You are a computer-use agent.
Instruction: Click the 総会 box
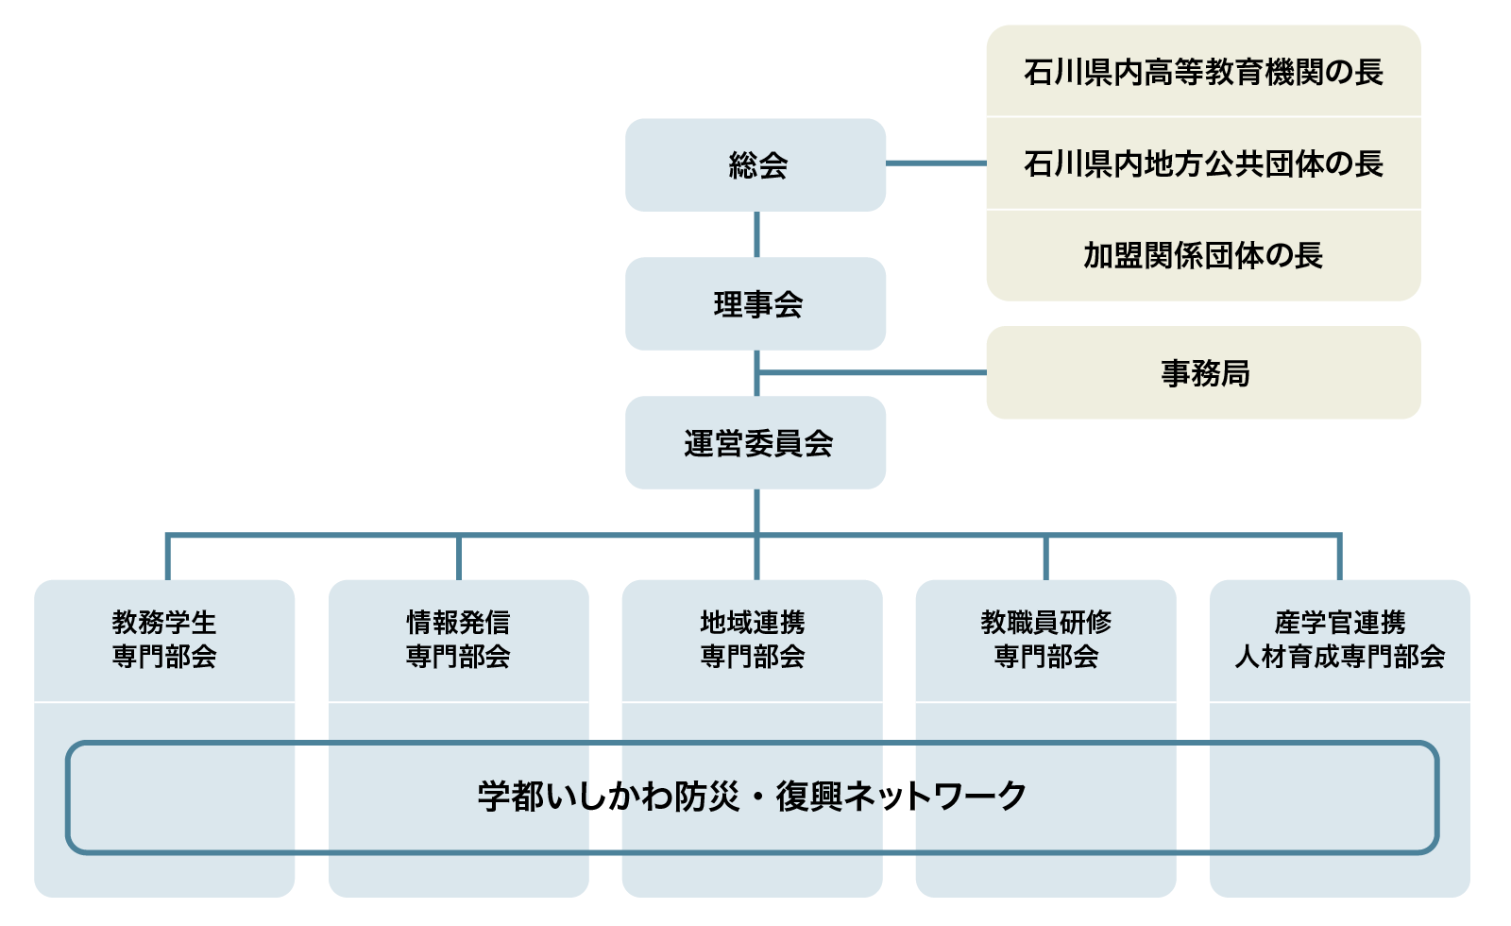click(x=755, y=164)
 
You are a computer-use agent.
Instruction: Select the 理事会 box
click(x=755, y=303)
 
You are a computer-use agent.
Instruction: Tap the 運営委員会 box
click(x=755, y=442)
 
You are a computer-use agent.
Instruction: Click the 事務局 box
click(x=1203, y=372)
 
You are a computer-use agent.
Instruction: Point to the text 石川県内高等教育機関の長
click(x=1203, y=72)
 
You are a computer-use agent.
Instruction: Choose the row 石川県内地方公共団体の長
click(x=1203, y=163)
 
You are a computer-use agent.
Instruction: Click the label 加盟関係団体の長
click(x=1203, y=255)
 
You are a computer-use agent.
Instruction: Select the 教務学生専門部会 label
click(x=164, y=639)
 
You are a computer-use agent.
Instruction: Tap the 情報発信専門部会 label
click(x=458, y=639)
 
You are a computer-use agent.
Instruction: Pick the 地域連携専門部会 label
click(x=752, y=639)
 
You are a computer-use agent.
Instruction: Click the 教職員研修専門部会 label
click(x=1045, y=639)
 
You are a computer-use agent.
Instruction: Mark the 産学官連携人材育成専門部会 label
click(x=1339, y=639)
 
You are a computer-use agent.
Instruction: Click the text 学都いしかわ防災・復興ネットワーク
click(x=752, y=797)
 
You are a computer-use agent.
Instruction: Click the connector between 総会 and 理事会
click(x=756, y=233)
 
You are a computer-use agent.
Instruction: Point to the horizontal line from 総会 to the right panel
click(x=935, y=163)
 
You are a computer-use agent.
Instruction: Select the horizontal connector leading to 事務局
click(x=874, y=372)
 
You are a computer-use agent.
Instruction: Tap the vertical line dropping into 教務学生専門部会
click(x=167, y=557)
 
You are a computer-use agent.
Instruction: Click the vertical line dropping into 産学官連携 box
click(x=1339, y=557)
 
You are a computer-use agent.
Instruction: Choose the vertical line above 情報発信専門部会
click(x=459, y=557)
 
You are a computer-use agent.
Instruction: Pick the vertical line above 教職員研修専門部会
click(x=1045, y=557)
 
